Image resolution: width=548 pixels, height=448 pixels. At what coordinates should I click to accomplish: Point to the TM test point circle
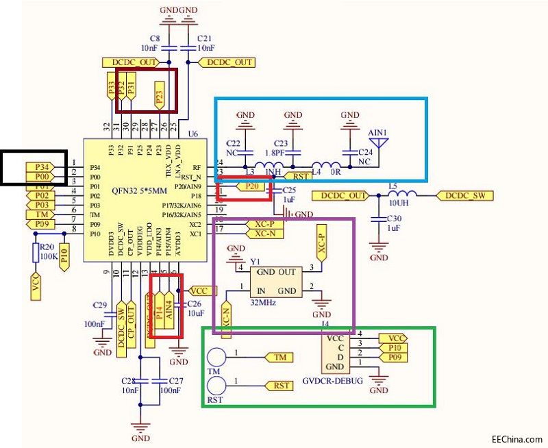216,358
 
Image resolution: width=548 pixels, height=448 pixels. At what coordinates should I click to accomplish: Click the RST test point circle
216,386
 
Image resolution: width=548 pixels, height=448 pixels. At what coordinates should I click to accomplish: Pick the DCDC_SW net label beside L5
464,195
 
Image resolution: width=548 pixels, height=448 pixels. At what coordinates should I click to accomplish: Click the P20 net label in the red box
252,186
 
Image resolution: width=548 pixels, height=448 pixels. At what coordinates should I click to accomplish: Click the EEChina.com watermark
516,439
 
